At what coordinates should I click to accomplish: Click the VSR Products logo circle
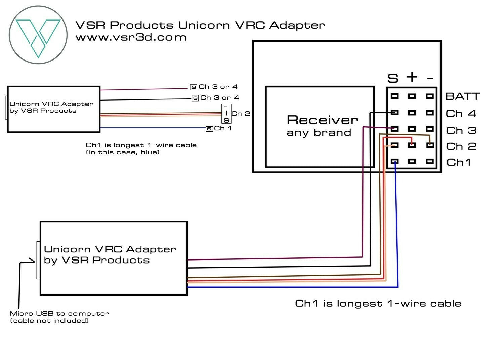coord(38,35)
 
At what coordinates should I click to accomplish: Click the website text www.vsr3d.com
coord(131,37)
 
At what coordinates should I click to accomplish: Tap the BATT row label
coord(463,96)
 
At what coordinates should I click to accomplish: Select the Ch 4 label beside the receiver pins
coord(461,114)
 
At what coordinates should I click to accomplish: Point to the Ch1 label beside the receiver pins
coord(459,162)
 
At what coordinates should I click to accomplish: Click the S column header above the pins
coord(393,78)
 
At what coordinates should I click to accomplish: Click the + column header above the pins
coord(412,77)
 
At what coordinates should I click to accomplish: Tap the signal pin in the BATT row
coord(395,96)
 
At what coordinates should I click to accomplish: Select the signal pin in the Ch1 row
coord(395,162)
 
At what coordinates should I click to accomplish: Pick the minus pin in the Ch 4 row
coord(430,113)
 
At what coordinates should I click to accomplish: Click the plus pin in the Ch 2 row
coord(412,145)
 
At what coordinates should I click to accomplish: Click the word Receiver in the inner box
coord(322,120)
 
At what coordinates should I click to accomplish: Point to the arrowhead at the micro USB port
coord(33,261)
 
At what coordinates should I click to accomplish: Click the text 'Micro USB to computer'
coord(59,313)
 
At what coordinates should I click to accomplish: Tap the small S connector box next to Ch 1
coord(209,129)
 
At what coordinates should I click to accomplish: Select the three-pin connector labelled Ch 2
coord(226,114)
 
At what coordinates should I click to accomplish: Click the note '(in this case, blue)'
coord(123,152)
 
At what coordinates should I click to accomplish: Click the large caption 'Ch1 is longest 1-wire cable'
coord(378,303)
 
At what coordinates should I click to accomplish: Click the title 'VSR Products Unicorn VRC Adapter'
coord(200,25)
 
